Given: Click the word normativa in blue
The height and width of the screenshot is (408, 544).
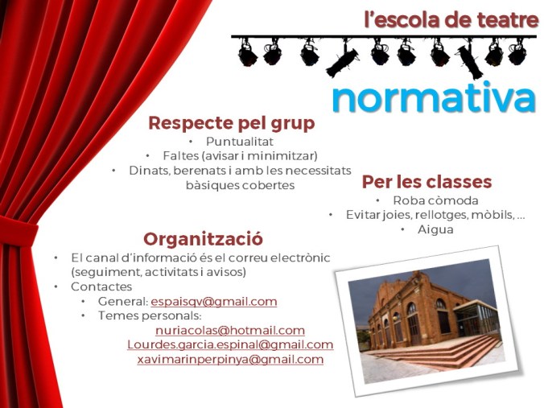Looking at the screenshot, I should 433,98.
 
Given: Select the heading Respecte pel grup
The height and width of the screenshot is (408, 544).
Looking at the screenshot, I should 231,123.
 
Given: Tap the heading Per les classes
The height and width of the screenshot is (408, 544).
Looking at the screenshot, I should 427,182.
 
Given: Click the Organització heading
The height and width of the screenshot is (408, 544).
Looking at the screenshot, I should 203,239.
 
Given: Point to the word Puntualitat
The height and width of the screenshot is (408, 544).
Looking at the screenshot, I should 240,142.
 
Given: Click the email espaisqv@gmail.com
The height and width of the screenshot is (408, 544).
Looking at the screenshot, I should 213,302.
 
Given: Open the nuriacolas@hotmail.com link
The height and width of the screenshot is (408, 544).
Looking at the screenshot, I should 229,331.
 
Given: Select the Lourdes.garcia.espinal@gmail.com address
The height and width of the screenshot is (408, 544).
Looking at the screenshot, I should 229,345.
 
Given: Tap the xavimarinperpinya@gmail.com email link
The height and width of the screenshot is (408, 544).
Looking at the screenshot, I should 230,360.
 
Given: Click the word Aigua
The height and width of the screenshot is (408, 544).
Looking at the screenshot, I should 435,229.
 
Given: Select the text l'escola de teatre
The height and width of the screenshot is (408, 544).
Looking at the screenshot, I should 451,20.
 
